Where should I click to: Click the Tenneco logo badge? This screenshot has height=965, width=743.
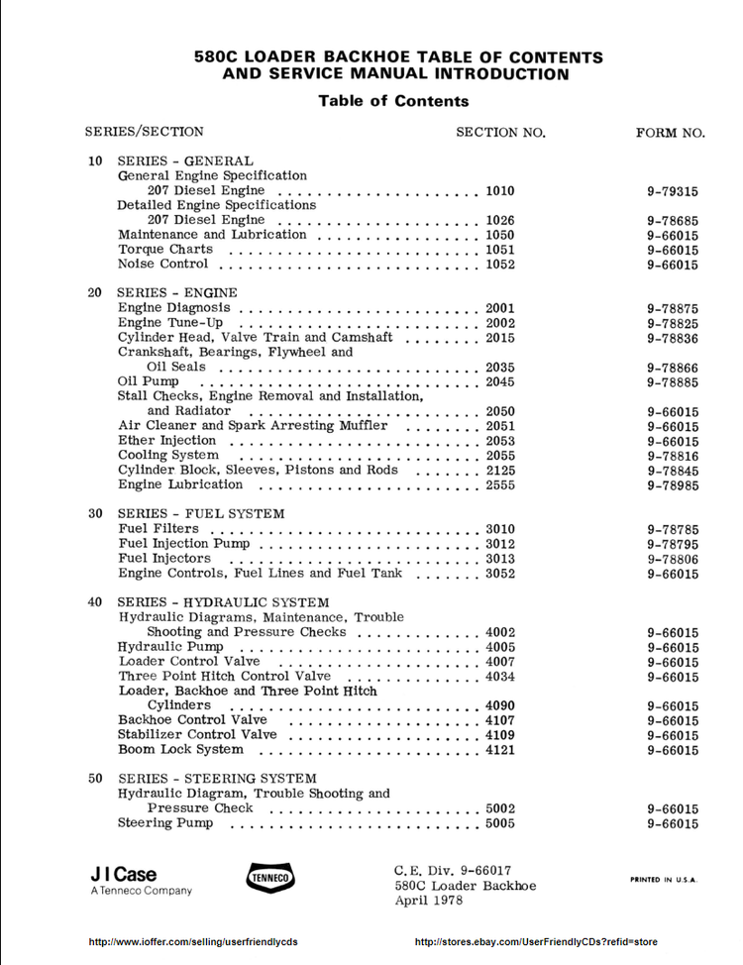[269, 877]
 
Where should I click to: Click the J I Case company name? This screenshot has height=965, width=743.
[124, 874]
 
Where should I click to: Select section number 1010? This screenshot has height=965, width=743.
[500, 190]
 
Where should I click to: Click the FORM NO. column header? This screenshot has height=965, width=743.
[670, 132]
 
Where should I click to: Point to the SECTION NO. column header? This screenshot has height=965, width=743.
[500, 132]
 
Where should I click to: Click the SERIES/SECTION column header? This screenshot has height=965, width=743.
[145, 131]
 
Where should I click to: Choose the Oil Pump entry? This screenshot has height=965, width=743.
[149, 381]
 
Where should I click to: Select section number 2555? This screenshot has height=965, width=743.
[500, 484]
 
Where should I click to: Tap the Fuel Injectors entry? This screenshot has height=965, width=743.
[164, 558]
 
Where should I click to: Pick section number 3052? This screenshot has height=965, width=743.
[500, 573]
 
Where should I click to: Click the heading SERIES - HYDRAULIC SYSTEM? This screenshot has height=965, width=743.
[223, 602]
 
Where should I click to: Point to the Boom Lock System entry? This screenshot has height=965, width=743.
[180, 749]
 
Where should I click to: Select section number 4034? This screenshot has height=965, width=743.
[500, 676]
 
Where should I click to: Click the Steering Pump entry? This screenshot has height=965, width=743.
[165, 822]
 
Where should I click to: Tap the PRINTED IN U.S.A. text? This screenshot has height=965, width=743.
[664, 879]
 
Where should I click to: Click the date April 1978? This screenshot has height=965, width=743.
[428, 901]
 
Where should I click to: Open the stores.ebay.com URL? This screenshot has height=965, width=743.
[536, 941]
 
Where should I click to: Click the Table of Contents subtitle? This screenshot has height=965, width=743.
[393, 101]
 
